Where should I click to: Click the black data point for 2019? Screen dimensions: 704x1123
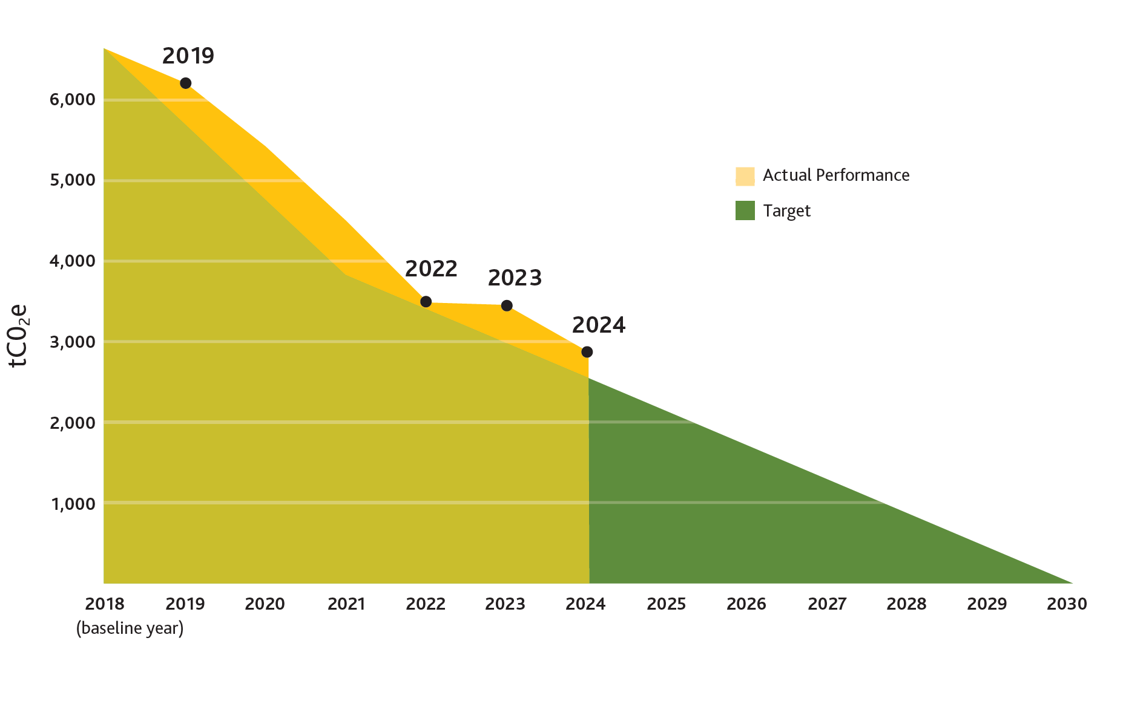186,83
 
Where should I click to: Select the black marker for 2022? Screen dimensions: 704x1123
426,302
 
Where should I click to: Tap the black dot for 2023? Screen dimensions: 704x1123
507,305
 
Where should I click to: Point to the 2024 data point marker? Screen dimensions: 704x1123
587,352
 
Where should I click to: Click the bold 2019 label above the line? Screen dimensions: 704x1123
188,56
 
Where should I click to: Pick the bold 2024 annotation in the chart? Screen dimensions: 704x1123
599,325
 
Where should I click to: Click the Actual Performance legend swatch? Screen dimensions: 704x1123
745,176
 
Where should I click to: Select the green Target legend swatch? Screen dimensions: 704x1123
745,210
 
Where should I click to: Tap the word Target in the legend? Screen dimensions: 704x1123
786,211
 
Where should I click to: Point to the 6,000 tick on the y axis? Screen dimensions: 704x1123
73,99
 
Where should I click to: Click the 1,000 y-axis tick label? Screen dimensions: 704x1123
73,504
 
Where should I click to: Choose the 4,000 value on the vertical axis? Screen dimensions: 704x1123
73,261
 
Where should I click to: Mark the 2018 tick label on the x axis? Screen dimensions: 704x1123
104,604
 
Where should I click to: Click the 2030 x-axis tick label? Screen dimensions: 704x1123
1067,604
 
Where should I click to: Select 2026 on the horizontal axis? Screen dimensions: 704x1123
746,604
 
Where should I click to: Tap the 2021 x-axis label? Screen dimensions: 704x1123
346,604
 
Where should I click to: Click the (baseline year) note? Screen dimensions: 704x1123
130,628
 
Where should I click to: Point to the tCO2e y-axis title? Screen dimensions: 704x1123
19,335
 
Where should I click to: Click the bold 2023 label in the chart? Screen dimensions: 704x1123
515,278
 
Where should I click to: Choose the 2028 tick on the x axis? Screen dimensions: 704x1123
906,604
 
